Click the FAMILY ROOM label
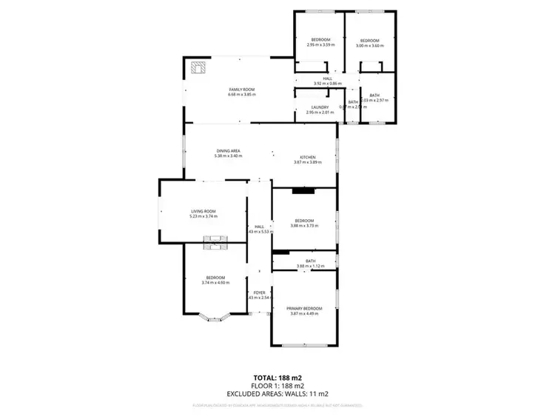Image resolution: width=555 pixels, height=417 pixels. click(241, 89)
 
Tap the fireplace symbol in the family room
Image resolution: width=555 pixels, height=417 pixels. click(198, 67)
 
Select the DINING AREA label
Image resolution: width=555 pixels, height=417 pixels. click(227, 151)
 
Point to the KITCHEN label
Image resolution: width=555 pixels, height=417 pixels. click(308, 157)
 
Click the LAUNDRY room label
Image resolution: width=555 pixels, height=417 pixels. click(320, 107)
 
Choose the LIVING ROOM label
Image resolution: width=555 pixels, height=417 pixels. click(203, 212)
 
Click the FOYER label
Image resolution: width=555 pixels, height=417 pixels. click(259, 293)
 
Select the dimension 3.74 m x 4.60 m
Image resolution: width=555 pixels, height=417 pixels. click(215, 282)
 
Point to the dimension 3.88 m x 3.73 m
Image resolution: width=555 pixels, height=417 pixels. click(305, 225)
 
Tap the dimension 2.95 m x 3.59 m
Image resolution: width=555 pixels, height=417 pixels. click(320, 45)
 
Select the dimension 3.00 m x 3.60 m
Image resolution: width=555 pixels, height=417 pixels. click(369, 45)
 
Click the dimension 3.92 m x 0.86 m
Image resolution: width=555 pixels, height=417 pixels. click(328, 83)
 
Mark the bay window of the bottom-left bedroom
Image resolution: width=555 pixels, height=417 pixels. click(215, 319)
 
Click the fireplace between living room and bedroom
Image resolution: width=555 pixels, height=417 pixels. click(215, 238)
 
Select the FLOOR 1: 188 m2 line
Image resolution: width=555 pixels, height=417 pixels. click(277, 385)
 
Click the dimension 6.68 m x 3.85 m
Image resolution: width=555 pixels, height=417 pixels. click(241, 94)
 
